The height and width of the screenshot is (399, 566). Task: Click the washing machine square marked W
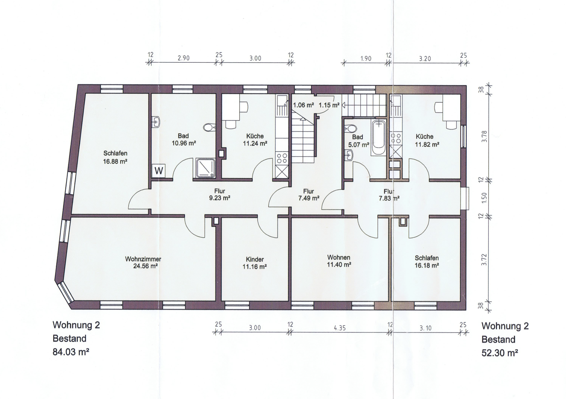[x=159, y=171]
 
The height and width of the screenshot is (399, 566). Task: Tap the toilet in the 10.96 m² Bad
[x=209, y=128]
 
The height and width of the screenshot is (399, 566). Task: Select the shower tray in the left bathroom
[x=206, y=168]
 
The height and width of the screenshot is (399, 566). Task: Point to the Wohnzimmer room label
[x=143, y=259]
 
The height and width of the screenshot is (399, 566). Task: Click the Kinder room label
[x=255, y=259]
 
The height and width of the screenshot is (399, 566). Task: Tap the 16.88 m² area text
[x=115, y=161]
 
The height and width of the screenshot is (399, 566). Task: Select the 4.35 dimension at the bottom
[x=340, y=328]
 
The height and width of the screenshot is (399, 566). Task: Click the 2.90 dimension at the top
[x=183, y=58]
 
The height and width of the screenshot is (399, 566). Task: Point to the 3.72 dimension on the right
[x=484, y=260]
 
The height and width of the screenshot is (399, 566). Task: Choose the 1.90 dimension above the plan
[x=366, y=58]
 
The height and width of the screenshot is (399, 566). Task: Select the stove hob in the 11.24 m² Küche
[x=282, y=158]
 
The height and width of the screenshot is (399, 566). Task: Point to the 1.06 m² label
[x=303, y=105]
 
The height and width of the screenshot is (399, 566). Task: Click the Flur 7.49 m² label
[x=309, y=195]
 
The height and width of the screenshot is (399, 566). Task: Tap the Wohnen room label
[x=339, y=257]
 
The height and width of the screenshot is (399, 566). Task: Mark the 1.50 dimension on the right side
[x=484, y=198]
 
